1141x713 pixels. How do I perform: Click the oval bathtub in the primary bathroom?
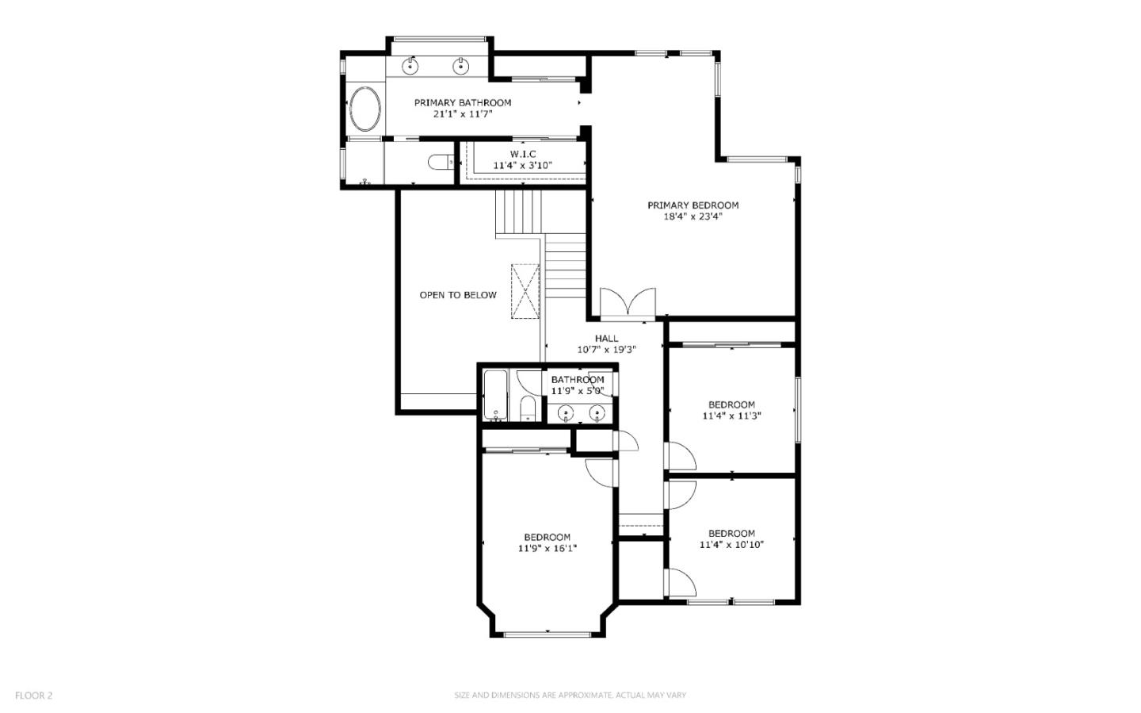pyautogui.click(x=364, y=109)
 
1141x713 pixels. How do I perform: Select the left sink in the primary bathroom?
pyautogui.click(x=410, y=66)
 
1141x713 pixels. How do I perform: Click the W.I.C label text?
pyautogui.click(x=522, y=154)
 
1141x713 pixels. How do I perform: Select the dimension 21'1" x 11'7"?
pyautogui.click(x=463, y=114)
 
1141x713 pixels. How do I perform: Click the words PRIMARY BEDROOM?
pyautogui.click(x=693, y=205)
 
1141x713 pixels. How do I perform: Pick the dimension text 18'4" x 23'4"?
pyautogui.click(x=693, y=217)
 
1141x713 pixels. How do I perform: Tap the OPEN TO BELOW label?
pyautogui.click(x=458, y=295)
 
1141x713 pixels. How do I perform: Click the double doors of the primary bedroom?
pyautogui.click(x=628, y=303)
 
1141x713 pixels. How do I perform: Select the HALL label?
pyautogui.click(x=606, y=339)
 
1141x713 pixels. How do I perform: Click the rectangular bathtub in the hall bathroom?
pyautogui.click(x=495, y=395)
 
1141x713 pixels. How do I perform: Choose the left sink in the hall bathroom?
pyautogui.click(x=566, y=412)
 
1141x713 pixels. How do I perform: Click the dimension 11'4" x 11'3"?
pyautogui.click(x=731, y=416)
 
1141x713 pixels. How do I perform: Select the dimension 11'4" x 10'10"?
pyautogui.click(x=731, y=545)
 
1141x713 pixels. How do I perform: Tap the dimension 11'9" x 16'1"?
pyautogui.click(x=547, y=548)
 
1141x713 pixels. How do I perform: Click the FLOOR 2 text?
pyautogui.click(x=33, y=696)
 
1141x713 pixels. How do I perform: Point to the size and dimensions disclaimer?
pyautogui.click(x=570, y=696)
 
